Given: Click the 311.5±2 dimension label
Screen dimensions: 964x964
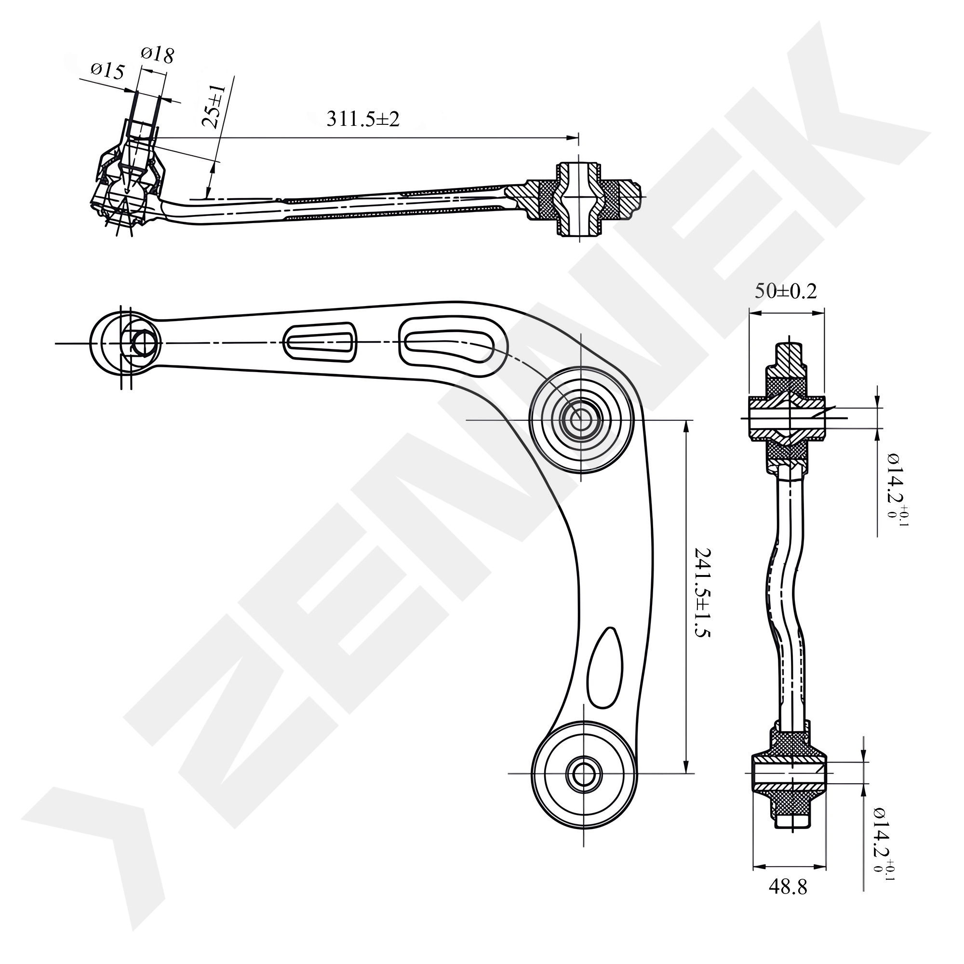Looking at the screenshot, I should point(363,119).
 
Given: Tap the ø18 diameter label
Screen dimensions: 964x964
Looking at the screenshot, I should point(157,54).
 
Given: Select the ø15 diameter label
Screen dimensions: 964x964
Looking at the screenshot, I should point(107,71).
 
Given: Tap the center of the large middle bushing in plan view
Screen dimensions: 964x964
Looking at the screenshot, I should point(580,420).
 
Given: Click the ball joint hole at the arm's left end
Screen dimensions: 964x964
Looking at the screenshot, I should point(142,343).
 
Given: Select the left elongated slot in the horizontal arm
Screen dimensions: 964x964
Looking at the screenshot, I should point(321,342).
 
